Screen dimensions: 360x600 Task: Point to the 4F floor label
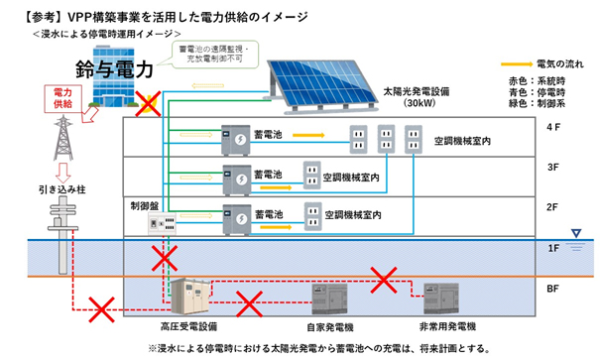coord(553,128)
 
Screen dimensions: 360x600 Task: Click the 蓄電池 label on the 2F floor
coord(268,212)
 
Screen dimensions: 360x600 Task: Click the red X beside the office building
coord(149,102)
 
